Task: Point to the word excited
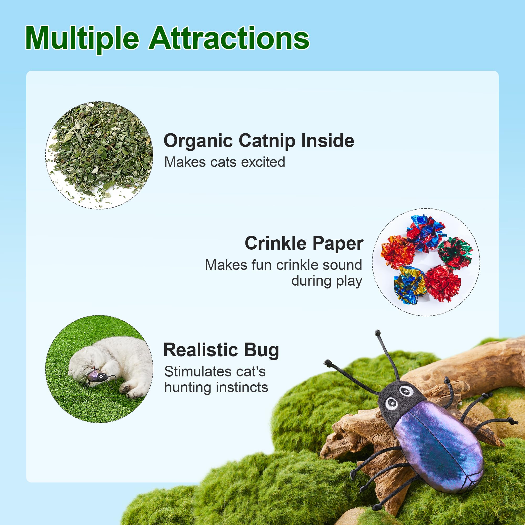click(x=263, y=162)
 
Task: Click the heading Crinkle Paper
click(x=304, y=243)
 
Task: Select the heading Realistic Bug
click(x=221, y=350)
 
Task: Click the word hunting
click(x=187, y=387)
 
